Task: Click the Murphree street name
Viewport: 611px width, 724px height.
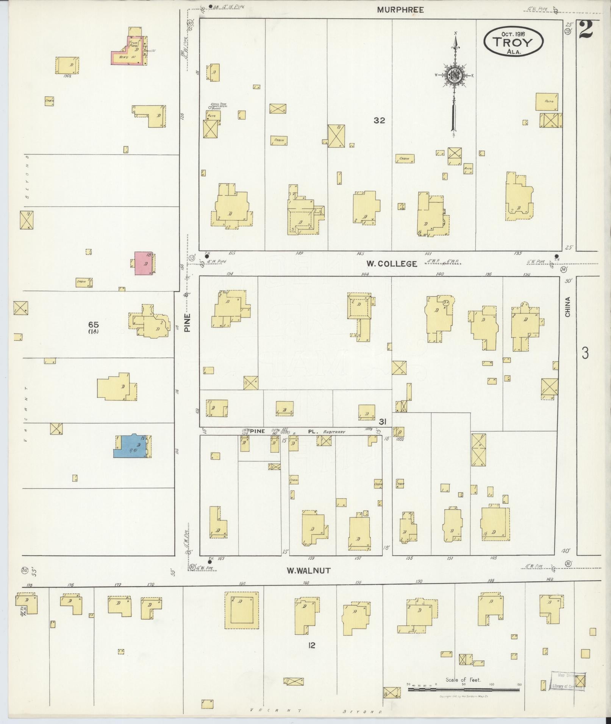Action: pos(400,10)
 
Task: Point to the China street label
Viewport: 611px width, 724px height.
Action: pos(567,307)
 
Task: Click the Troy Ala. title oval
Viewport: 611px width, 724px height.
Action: pos(513,42)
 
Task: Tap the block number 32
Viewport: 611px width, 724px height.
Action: pos(379,120)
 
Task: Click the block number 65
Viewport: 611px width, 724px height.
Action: pos(93,325)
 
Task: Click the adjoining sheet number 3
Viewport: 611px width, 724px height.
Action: pos(585,353)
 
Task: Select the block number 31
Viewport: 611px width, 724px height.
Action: pos(382,422)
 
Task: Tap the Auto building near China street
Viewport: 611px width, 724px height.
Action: pos(547,101)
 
